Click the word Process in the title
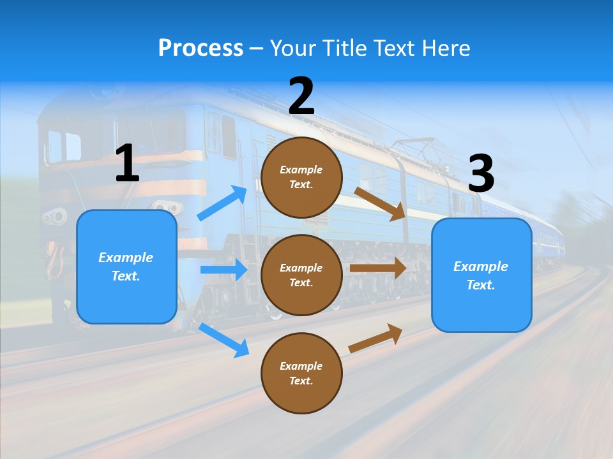201,48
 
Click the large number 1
127,164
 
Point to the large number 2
301,96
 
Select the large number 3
481,173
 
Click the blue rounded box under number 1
126,267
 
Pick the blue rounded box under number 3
481,275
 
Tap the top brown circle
301,177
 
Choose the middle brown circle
301,275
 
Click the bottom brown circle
301,373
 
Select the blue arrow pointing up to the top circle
222,203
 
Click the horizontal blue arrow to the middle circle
223,270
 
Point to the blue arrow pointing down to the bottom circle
223,340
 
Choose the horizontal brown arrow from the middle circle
378,268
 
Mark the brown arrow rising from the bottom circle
375,338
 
